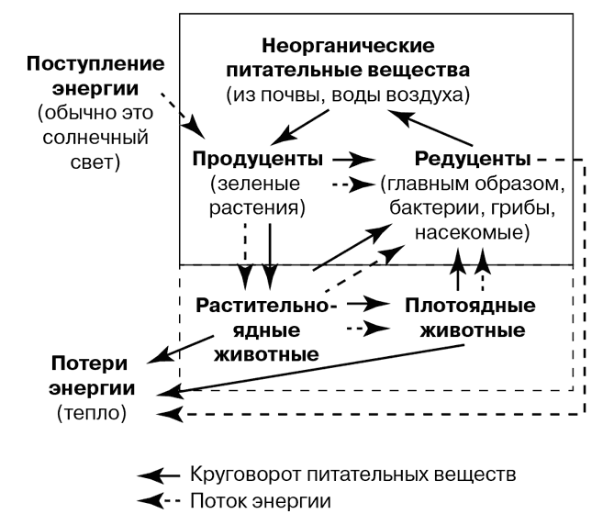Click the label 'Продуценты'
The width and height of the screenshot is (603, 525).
(258, 159)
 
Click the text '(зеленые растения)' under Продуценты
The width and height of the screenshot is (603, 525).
(258, 195)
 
